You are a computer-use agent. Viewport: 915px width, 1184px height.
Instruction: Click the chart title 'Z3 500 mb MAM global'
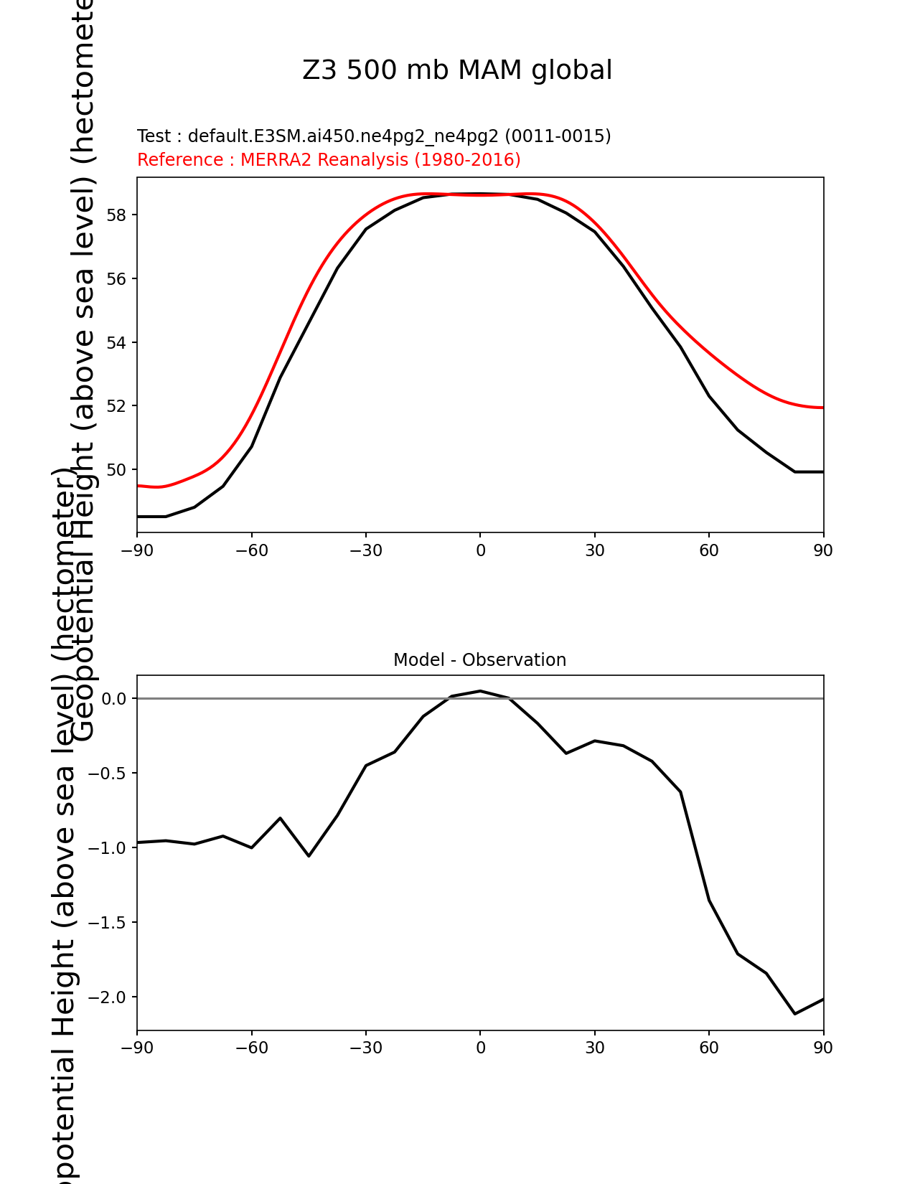pos(457,71)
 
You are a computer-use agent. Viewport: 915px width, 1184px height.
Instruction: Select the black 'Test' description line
pos(374,136)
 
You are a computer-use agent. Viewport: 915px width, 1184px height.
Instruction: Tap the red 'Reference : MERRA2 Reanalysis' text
pos(329,160)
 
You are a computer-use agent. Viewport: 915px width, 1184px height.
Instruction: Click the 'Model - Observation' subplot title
pos(479,660)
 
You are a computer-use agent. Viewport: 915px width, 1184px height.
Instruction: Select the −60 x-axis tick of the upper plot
pos(251,550)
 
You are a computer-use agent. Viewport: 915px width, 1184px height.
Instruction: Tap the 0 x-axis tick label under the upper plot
pos(480,550)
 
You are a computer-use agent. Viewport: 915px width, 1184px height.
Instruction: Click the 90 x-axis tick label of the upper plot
pos(823,550)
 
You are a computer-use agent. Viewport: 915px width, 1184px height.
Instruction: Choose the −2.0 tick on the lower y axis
pos(106,997)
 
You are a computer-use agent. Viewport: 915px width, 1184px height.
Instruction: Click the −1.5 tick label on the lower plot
pos(106,923)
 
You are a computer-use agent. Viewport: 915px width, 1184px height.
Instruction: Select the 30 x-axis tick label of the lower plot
pos(594,1048)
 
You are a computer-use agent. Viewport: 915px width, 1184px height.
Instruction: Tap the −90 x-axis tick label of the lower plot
pos(137,1048)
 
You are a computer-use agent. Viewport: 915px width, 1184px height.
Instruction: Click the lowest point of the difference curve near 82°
pos(794,1014)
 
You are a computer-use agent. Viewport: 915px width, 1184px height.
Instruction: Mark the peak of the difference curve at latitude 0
pos(480,691)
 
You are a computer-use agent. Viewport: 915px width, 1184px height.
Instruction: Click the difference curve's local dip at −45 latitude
pos(309,856)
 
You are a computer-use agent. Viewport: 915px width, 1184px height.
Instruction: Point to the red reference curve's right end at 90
pos(822,408)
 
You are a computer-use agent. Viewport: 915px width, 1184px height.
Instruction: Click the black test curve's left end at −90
pos(139,517)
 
